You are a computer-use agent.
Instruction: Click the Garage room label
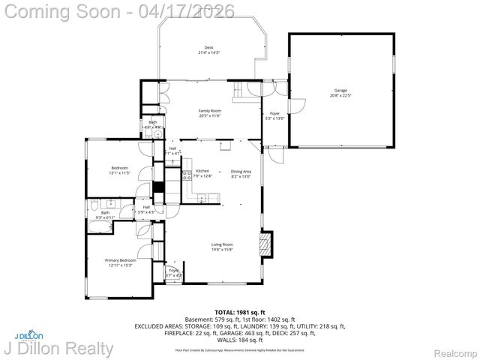(x=340, y=93)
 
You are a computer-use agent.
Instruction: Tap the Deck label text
(x=208, y=50)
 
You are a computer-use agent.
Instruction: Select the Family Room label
(x=209, y=112)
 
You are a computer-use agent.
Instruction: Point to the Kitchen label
(x=203, y=173)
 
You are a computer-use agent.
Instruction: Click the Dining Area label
(x=241, y=173)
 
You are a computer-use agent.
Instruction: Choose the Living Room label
(x=221, y=247)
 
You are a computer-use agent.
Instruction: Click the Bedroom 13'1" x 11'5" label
(x=120, y=169)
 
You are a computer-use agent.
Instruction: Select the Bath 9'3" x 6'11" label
(x=106, y=214)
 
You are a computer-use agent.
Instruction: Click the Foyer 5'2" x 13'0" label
(x=274, y=115)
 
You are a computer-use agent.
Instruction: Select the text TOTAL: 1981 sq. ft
(x=239, y=311)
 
